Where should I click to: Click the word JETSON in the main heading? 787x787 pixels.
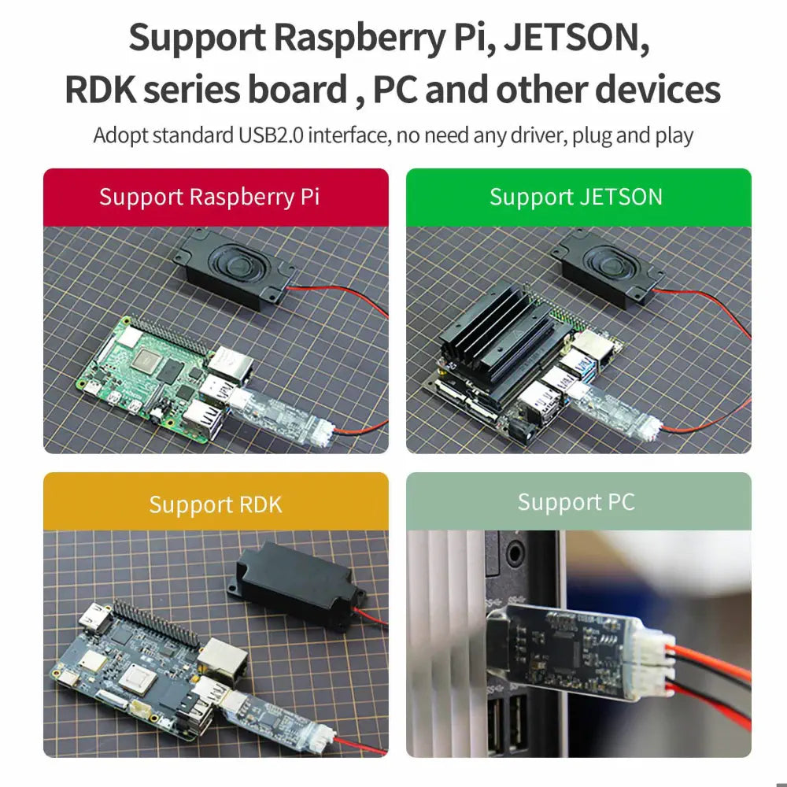tap(576, 39)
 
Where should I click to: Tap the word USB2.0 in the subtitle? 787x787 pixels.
tap(272, 135)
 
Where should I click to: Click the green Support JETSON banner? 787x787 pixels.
tap(578, 197)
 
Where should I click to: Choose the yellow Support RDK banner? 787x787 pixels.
tap(215, 503)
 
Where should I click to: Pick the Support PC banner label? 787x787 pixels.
tap(578, 501)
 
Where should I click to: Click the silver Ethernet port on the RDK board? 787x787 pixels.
tap(224, 660)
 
